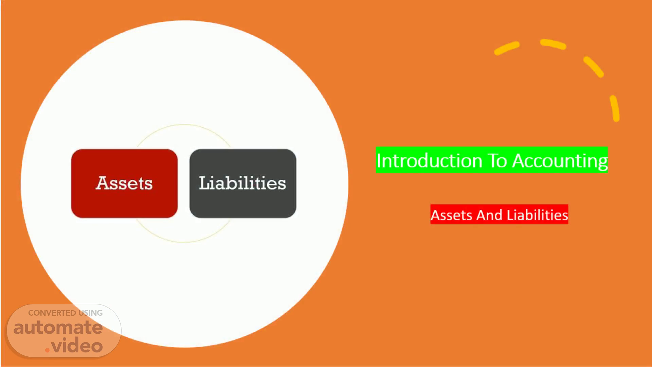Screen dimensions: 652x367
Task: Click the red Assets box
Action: (124, 183)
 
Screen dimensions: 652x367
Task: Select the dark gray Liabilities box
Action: (243, 183)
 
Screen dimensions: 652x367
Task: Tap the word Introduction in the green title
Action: (429, 160)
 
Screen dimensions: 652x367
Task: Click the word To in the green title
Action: (498, 160)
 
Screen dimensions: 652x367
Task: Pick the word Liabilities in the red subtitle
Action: (537, 215)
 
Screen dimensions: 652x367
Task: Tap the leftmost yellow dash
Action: (507, 48)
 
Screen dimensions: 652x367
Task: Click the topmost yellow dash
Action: (553, 44)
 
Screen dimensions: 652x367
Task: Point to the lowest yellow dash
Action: (615, 108)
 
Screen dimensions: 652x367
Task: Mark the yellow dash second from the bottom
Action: (594, 67)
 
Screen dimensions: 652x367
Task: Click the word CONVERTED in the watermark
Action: (52, 313)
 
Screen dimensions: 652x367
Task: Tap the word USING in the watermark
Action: (91, 313)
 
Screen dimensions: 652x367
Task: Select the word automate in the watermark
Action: (58, 328)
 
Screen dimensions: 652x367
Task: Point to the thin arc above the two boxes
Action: (184, 125)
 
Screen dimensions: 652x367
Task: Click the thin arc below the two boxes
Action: (184, 242)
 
